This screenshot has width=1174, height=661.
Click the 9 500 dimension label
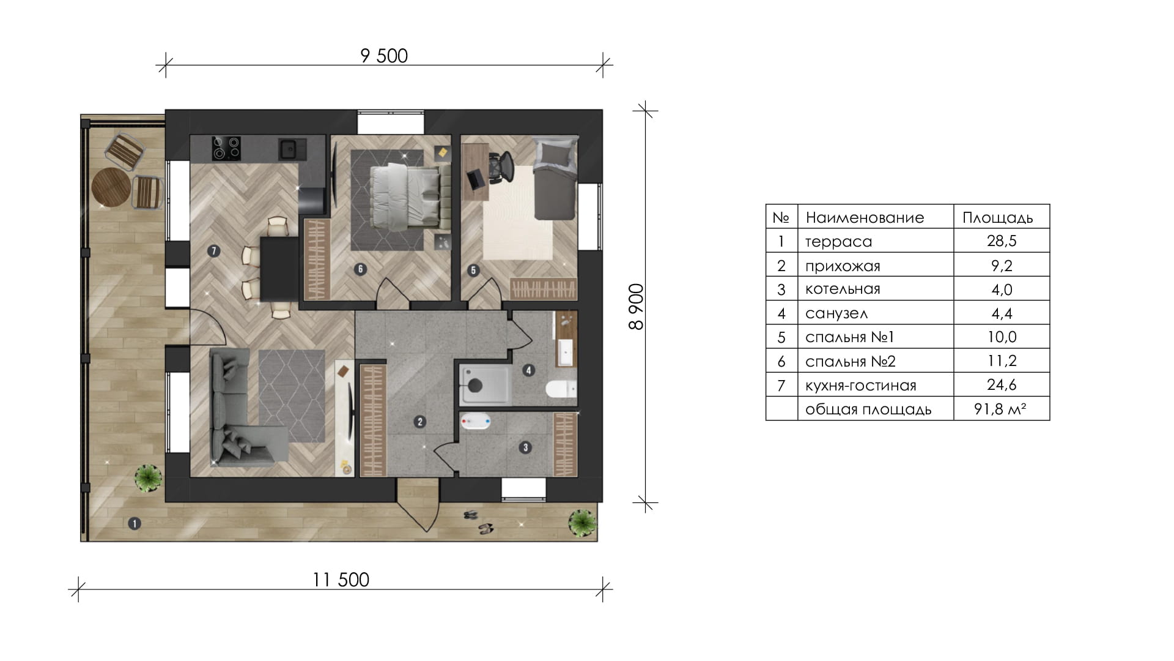(384, 56)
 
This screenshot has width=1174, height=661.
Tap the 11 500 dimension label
(341, 580)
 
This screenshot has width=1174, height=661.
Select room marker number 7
(213, 250)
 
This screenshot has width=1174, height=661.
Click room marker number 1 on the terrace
(134, 523)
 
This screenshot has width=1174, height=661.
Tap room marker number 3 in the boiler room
(525, 447)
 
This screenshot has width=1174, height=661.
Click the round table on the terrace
(111, 186)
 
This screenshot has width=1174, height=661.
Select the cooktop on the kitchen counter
(226, 149)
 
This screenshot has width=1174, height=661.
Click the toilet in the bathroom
(559, 389)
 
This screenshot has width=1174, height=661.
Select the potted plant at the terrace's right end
(581, 523)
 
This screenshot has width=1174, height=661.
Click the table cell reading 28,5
(1002, 241)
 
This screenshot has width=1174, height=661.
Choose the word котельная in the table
(843, 289)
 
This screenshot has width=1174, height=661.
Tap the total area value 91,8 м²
(1000, 409)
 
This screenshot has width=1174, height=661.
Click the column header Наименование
(865, 217)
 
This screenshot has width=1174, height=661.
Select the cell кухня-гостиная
(860, 386)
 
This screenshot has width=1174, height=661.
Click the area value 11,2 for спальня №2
(1002, 360)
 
